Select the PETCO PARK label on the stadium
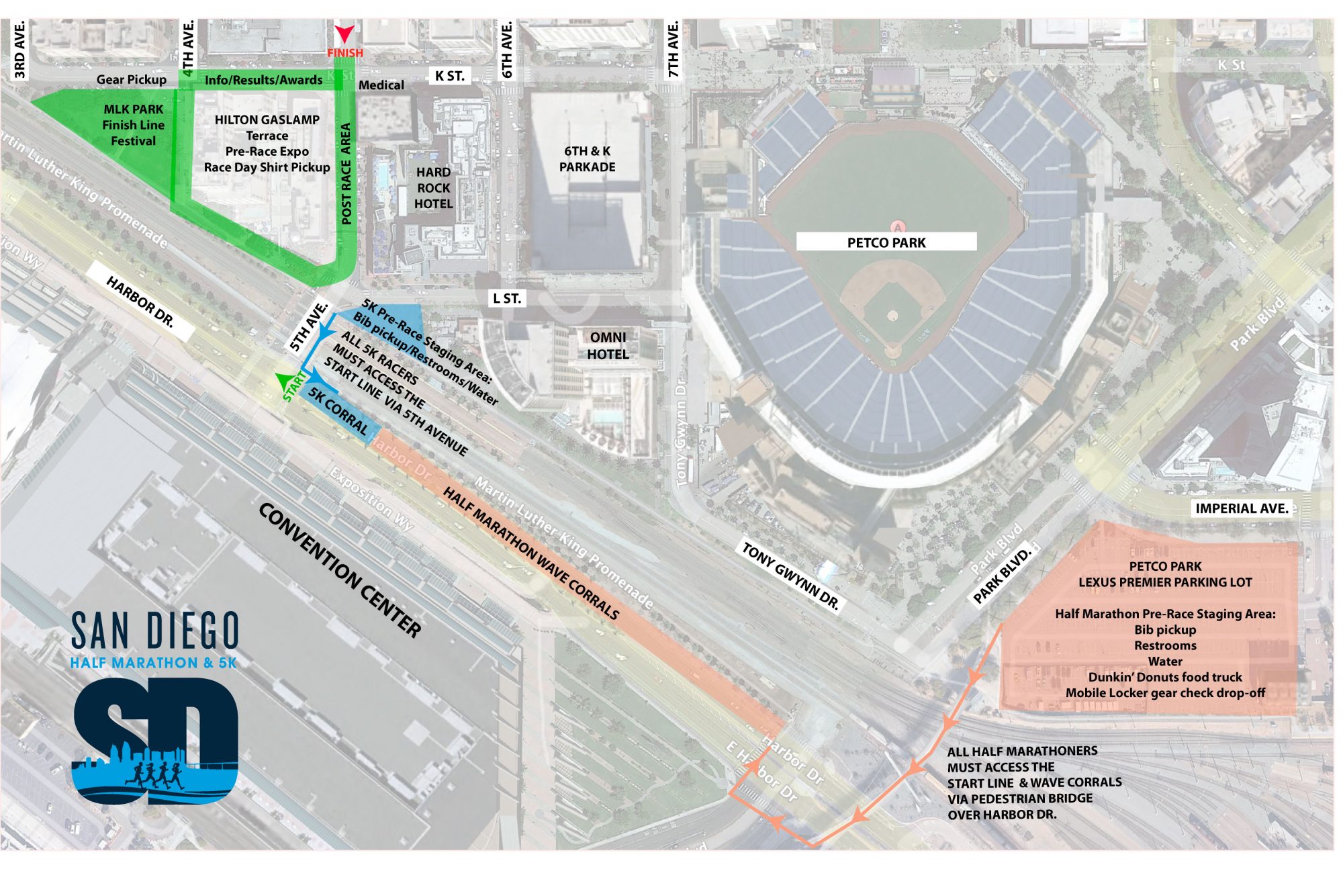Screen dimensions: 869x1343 pyautogui.click(x=886, y=242)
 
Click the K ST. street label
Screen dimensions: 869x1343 pyautogui.click(x=449, y=76)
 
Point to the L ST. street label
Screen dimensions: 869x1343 pyautogui.click(x=506, y=298)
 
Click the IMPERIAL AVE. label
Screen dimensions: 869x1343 pyautogui.click(x=1242, y=508)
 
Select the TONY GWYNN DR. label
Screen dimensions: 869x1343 pyautogui.click(x=790, y=576)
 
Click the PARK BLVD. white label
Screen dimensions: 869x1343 pyautogui.click(x=1001, y=575)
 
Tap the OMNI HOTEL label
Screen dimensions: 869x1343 pyautogui.click(x=608, y=346)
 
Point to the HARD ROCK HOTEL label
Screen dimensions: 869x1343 pyautogui.click(x=433, y=188)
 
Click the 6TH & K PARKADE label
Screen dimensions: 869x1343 pyautogui.click(x=587, y=159)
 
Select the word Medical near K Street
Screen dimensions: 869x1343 pyautogui.click(x=381, y=85)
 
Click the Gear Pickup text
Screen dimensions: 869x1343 pyautogui.click(x=131, y=80)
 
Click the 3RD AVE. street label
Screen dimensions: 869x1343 pyautogui.click(x=19, y=49)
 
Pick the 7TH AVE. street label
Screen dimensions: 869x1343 pyautogui.click(x=673, y=49)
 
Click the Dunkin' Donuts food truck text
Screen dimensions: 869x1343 pyautogui.click(x=1165, y=677)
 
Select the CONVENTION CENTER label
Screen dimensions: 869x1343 pyautogui.click(x=340, y=569)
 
